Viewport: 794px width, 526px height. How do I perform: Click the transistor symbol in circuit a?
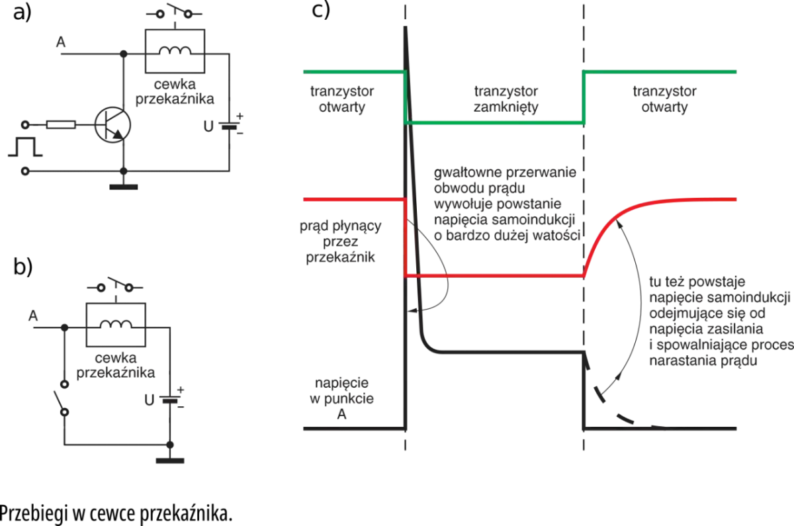(x=112, y=125)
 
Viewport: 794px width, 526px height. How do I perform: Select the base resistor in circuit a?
(x=61, y=125)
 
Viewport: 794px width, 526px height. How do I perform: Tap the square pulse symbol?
(x=25, y=147)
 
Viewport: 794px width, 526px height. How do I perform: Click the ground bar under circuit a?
(x=123, y=187)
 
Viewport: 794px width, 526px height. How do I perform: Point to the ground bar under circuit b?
(x=170, y=460)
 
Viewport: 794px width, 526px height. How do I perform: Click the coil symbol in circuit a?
(x=175, y=51)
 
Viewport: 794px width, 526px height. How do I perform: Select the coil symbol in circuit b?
(x=116, y=324)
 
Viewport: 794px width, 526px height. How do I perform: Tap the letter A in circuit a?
(x=61, y=42)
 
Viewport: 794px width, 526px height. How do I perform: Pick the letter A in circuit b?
(x=33, y=316)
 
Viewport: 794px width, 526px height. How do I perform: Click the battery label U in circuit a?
(x=208, y=126)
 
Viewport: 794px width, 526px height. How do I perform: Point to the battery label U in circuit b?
(x=150, y=400)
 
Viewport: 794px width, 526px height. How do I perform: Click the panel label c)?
(x=321, y=9)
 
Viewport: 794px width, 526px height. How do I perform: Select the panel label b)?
(x=23, y=266)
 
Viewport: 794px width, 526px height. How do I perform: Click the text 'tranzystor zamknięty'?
(x=506, y=99)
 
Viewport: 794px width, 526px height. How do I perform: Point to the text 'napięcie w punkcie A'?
(x=341, y=398)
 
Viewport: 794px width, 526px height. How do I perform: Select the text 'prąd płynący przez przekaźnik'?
(x=341, y=241)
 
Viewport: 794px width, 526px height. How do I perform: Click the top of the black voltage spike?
(x=405, y=27)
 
